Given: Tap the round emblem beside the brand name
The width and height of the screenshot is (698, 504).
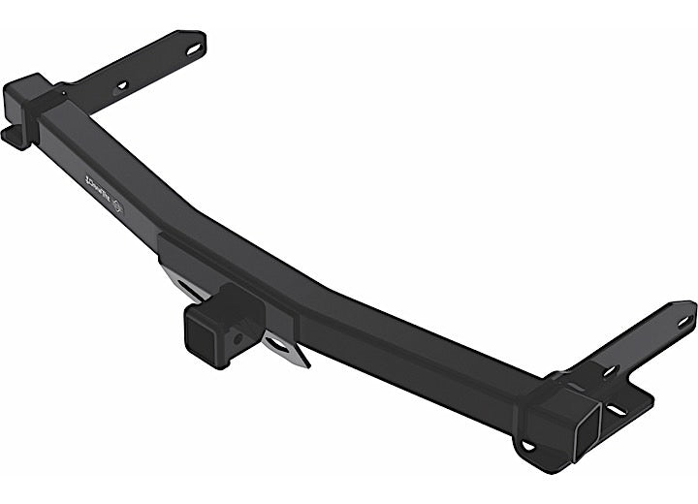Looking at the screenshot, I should pos(117,206).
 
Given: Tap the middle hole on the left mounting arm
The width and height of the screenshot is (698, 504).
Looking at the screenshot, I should pos(123,85).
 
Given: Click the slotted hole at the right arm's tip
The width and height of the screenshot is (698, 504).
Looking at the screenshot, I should pos(683,318).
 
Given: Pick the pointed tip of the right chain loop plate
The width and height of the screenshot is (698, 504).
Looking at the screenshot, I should pos(304,364).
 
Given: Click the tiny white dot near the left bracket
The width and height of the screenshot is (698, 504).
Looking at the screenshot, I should pos(65,94).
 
